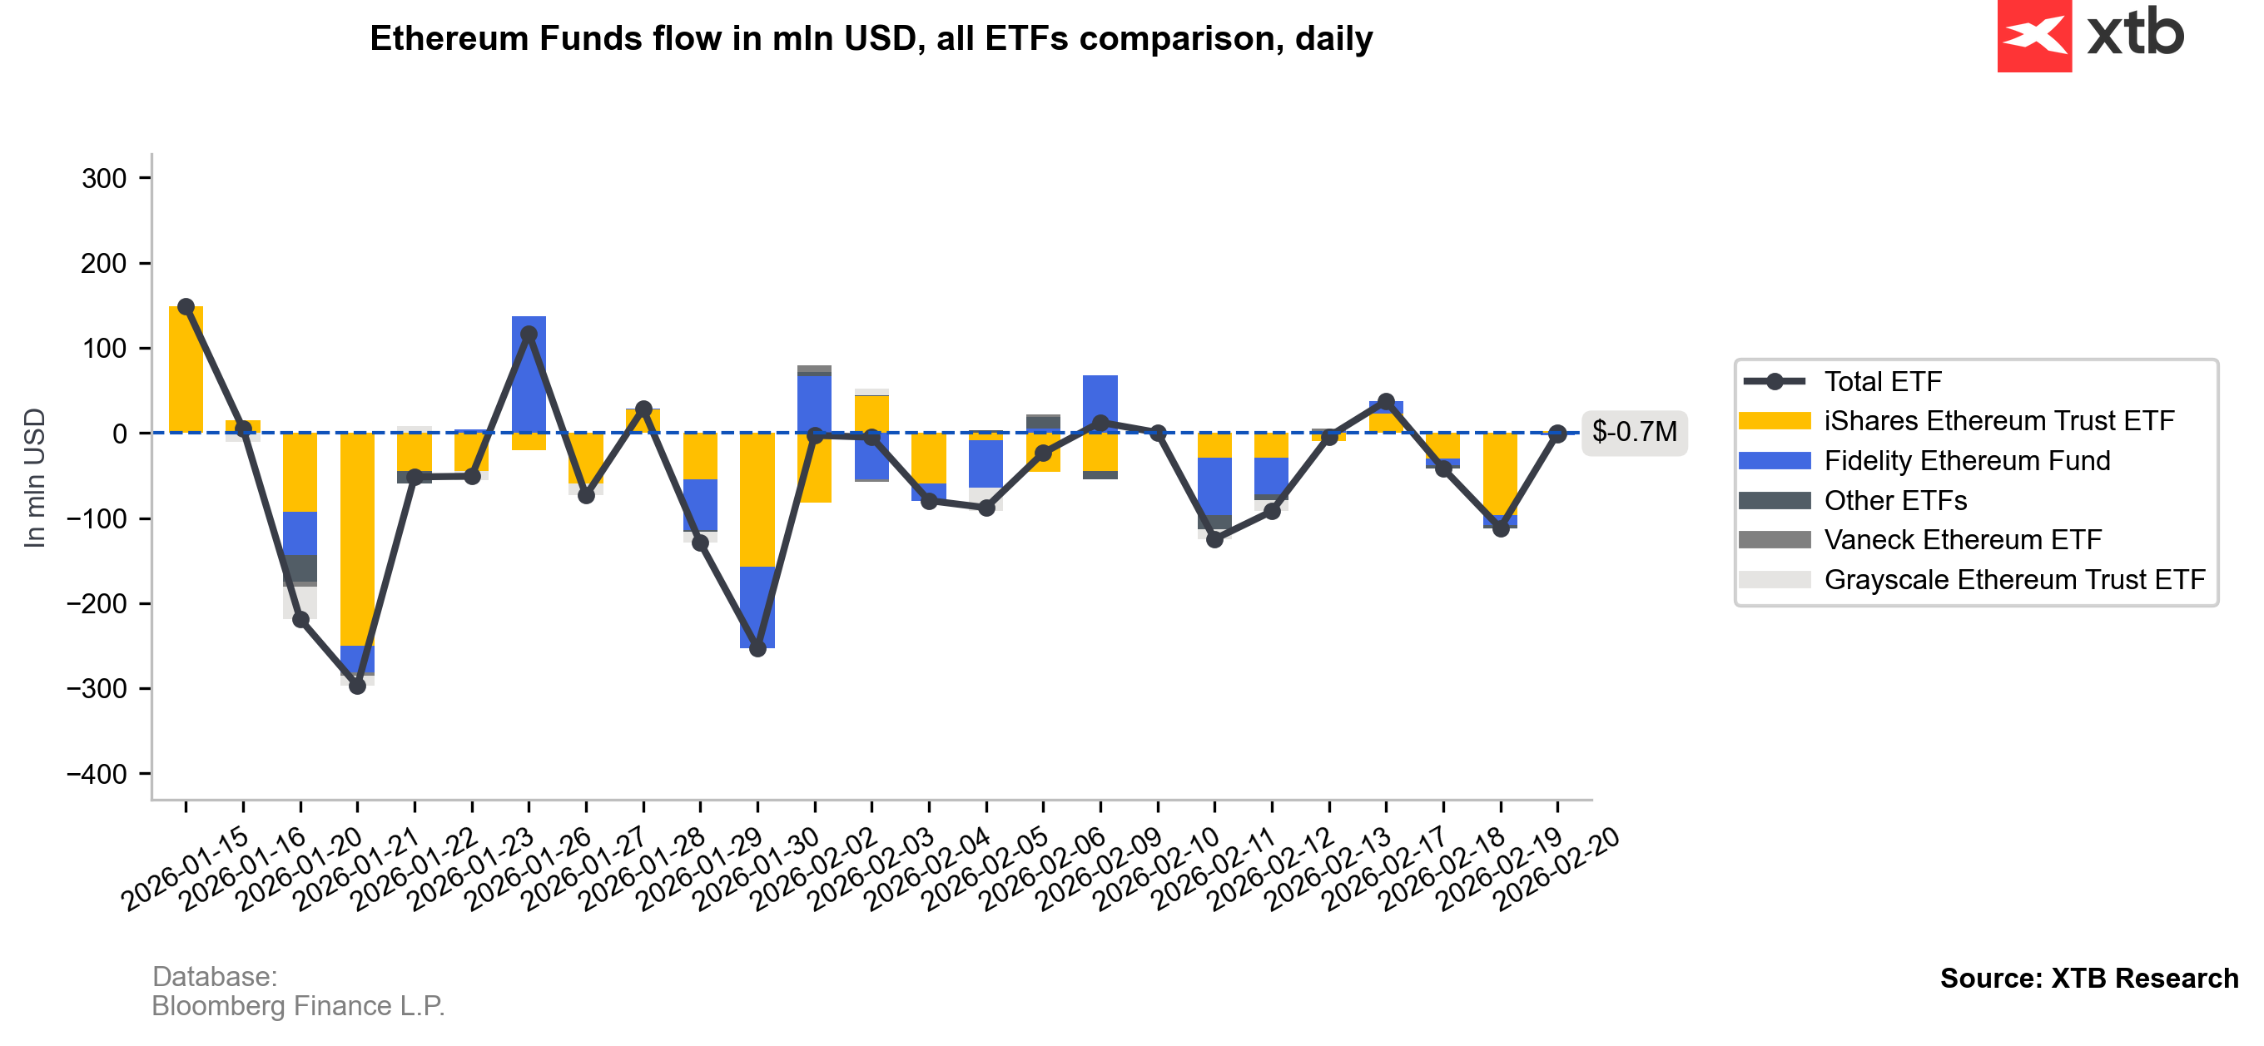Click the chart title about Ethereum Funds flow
[870, 38]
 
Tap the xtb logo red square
[2033, 35]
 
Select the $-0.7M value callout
[1633, 432]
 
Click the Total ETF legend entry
[1882, 381]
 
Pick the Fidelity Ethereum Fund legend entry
[1966, 461]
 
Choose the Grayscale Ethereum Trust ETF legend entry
[2013, 580]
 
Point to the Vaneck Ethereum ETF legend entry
[1962, 540]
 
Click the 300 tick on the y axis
[105, 178]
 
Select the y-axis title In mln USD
[34, 478]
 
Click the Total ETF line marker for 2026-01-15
[186, 307]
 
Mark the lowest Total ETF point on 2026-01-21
[357, 686]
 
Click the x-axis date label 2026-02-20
[1557, 870]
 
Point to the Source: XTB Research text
[2088, 979]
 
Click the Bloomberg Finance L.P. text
[298, 1005]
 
